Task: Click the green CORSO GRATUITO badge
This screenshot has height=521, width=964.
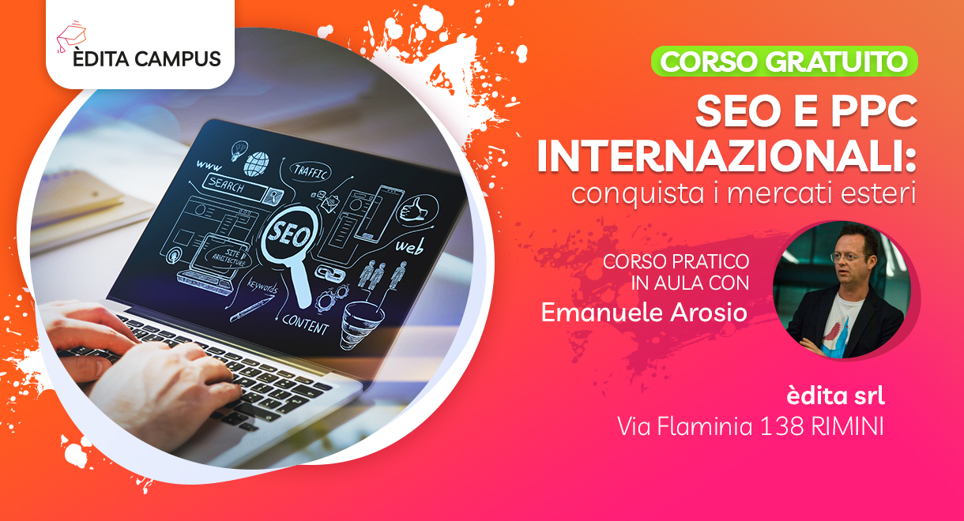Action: [784, 61]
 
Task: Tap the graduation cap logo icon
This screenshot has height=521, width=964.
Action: [71, 36]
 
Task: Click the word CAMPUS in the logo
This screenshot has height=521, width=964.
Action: [178, 59]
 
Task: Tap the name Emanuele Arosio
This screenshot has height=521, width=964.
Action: [644, 313]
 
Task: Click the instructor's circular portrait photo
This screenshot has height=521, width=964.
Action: [842, 290]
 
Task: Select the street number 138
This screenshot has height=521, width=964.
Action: [782, 426]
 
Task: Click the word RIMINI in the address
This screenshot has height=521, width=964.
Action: [847, 426]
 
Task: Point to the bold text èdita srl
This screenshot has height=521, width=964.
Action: [835, 395]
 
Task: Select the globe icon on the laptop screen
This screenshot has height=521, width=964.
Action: [257, 163]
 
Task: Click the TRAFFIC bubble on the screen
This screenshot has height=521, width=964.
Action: [311, 172]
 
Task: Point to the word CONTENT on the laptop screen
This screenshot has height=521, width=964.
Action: [306, 324]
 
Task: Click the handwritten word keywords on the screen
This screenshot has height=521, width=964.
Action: [262, 286]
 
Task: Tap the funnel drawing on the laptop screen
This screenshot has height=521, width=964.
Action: [360, 324]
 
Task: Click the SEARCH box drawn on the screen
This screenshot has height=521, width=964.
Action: [241, 188]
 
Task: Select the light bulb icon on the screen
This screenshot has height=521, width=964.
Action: [239, 150]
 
